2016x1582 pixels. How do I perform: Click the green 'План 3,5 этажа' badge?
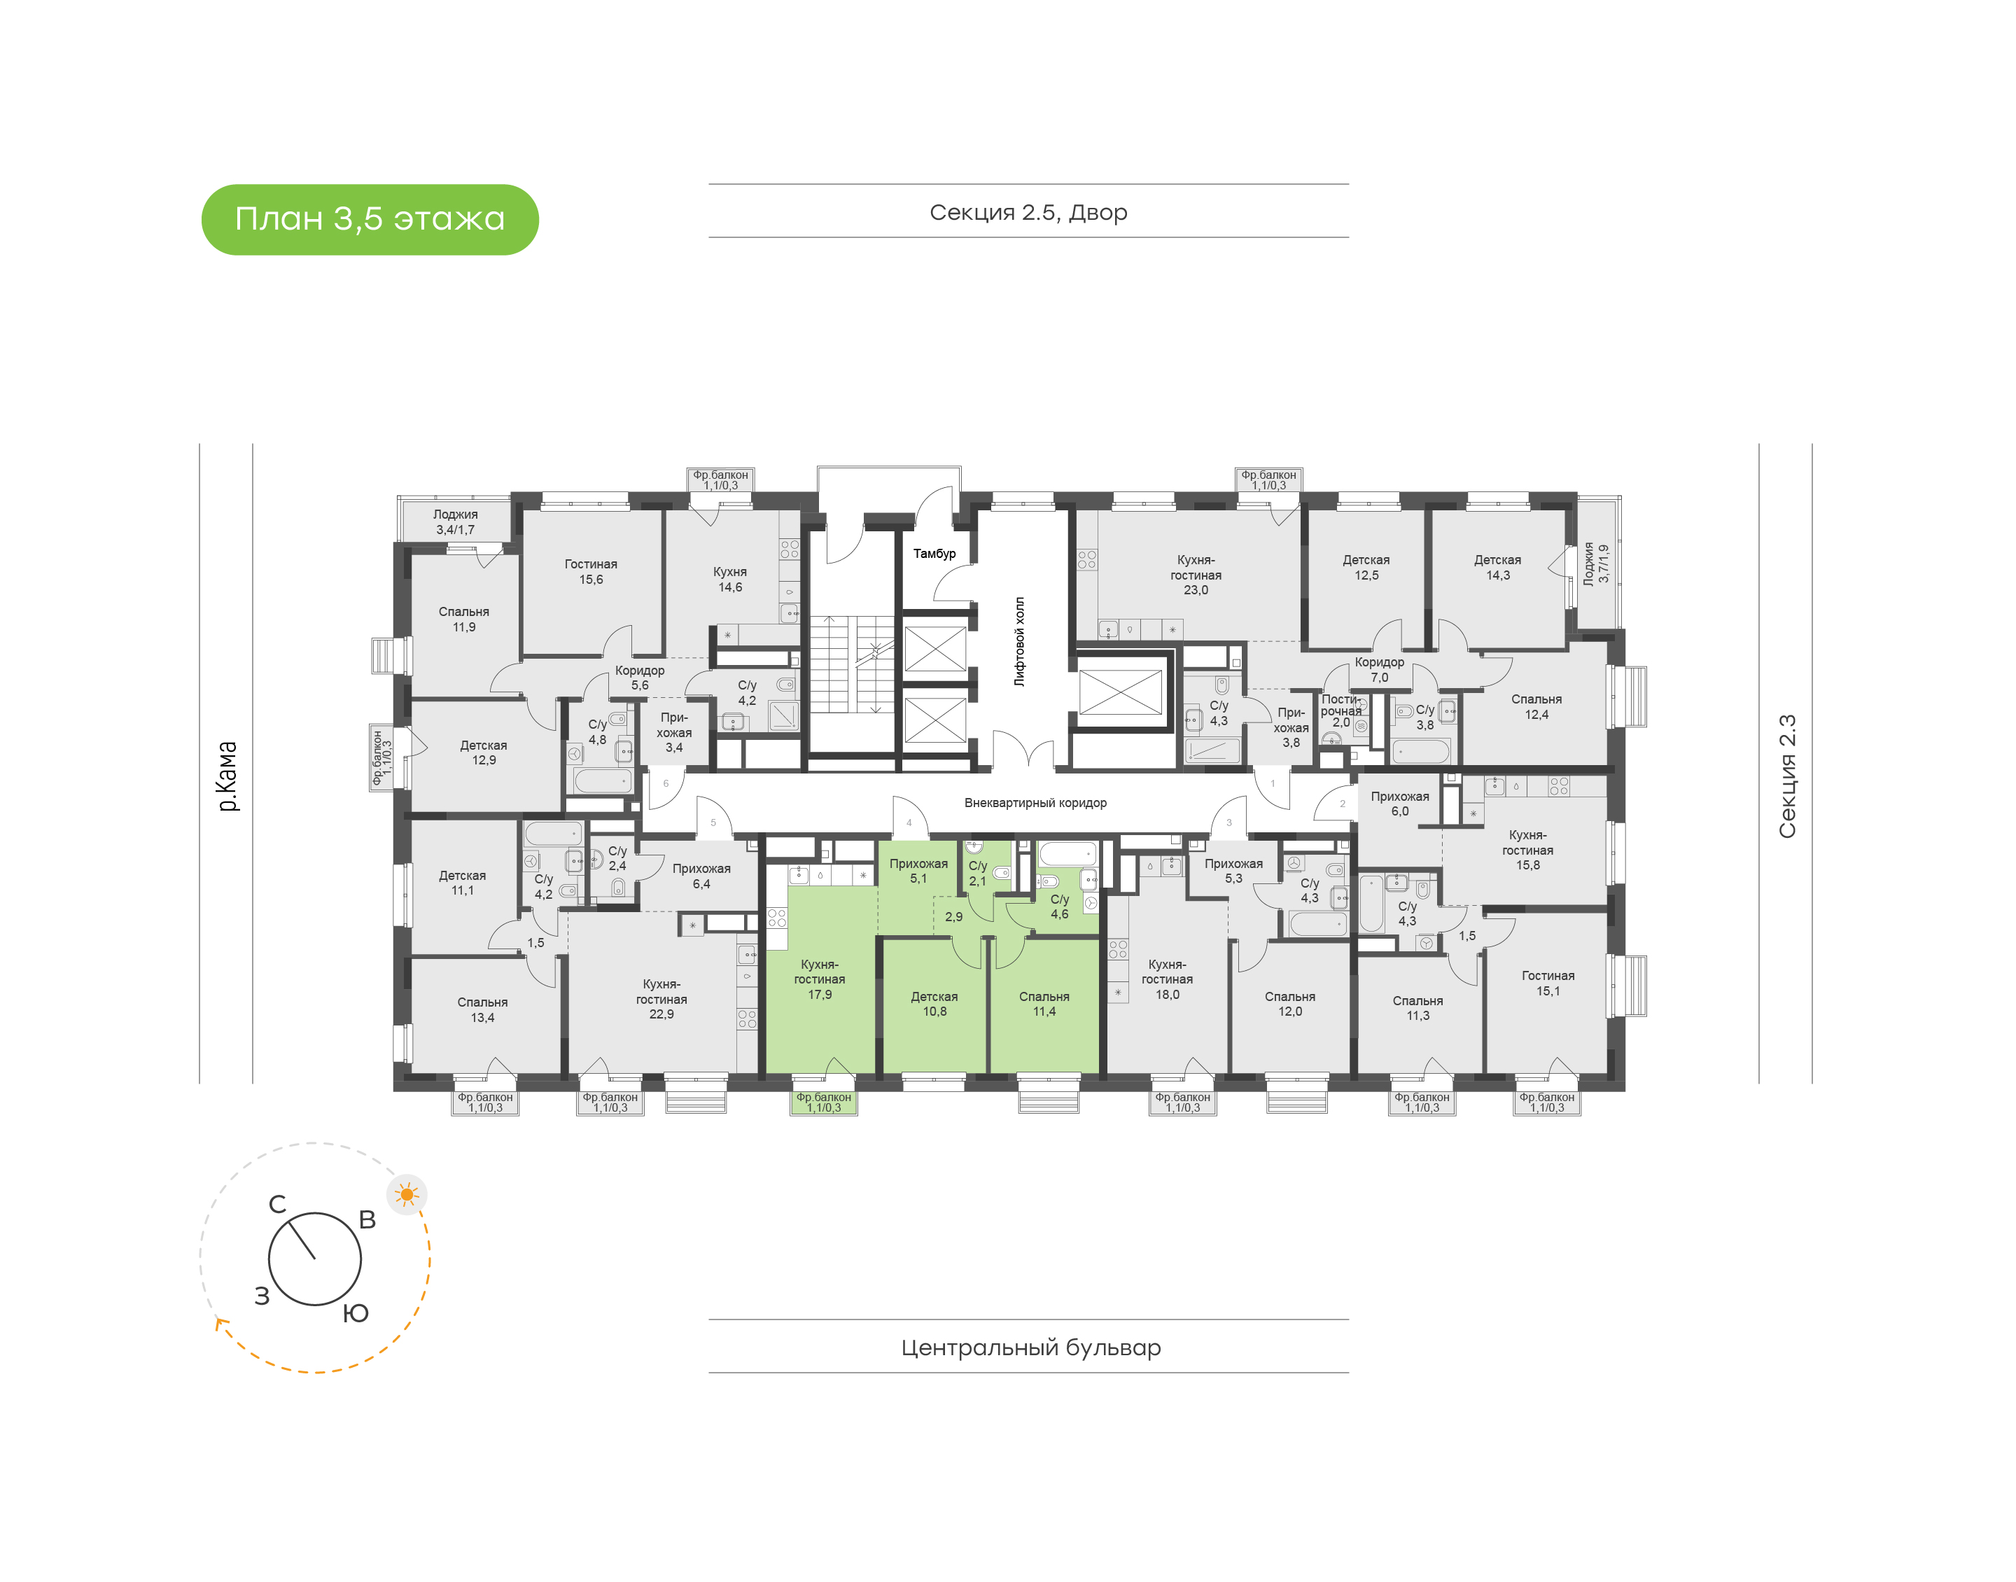pos(370,220)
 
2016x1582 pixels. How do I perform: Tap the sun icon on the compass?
pos(407,1194)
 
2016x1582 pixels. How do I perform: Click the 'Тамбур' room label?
pos(934,553)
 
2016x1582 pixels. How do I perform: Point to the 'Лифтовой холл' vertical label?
pos(1020,641)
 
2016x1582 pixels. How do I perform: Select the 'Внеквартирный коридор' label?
pos(1035,802)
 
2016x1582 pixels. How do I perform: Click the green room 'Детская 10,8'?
pos(934,1004)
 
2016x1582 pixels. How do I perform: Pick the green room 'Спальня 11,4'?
pos(1044,1004)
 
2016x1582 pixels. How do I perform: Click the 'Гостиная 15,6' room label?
pos(591,571)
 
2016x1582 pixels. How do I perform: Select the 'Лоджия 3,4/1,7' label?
pos(456,521)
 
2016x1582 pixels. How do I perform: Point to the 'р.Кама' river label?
pos(227,776)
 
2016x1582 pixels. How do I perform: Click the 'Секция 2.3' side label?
pos(1786,776)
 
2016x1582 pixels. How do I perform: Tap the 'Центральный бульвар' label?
pos(1030,1347)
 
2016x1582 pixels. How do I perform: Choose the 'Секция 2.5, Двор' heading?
pos(1028,212)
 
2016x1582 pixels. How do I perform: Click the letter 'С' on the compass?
pos(277,1204)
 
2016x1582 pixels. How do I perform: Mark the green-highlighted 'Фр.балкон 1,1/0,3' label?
pos(823,1102)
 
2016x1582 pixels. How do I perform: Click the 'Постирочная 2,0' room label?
pos(1341,710)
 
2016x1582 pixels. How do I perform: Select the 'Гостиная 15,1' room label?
pos(1548,983)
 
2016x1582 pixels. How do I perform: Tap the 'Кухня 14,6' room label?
pos(729,579)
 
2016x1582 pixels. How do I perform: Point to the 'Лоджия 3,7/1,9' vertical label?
pos(1595,563)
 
